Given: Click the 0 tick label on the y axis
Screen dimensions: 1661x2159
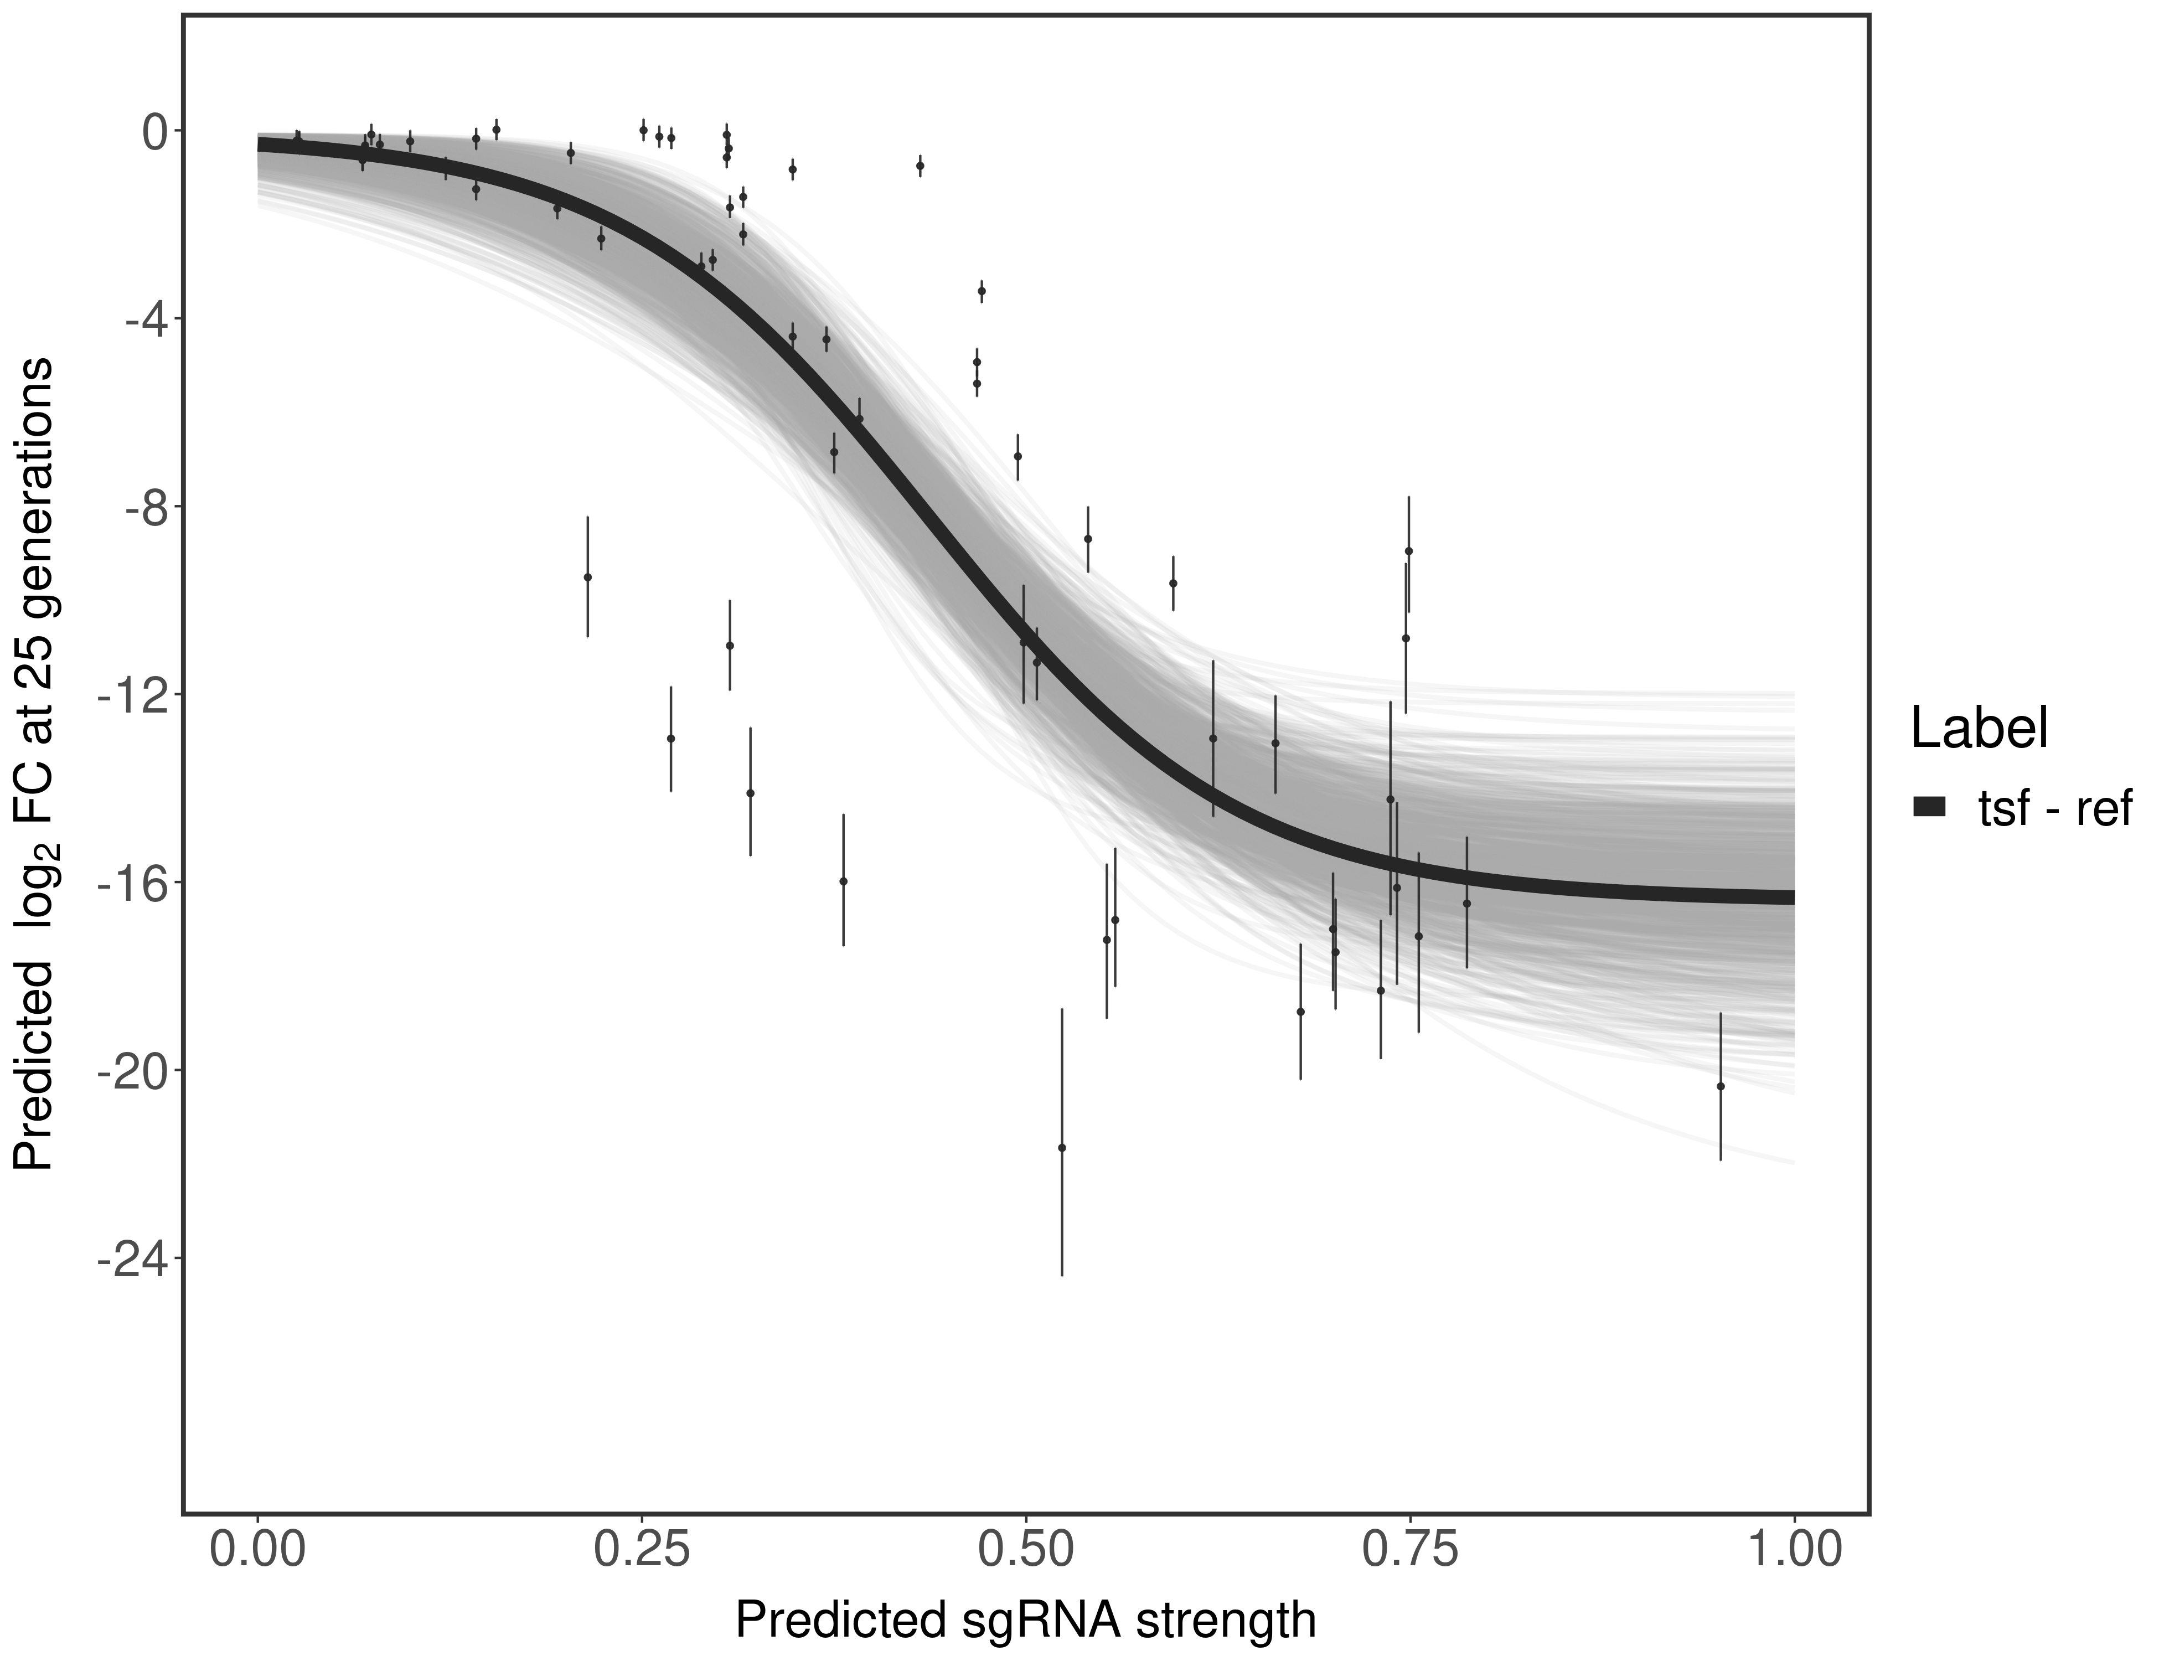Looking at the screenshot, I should (155, 132).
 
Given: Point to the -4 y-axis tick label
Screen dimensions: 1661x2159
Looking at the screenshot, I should (143, 319).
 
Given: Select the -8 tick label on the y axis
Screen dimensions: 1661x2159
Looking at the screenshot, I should (143, 507).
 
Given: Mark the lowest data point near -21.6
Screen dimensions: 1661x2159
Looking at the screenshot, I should (1062, 1147).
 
